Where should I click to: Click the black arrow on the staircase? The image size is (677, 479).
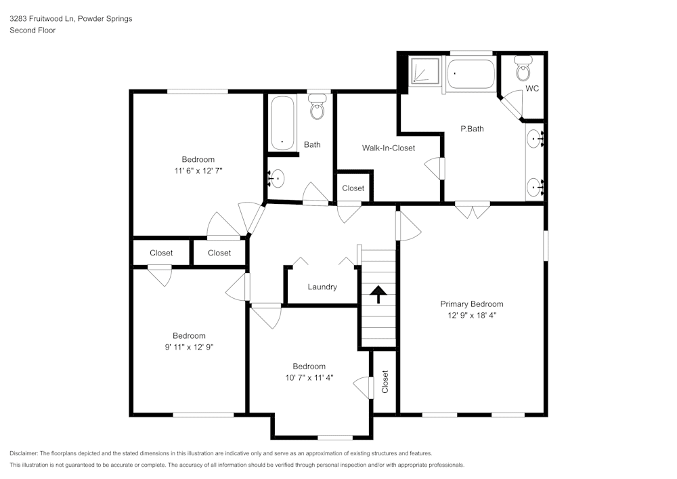point(378,293)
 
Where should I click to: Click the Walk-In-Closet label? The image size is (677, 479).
point(388,148)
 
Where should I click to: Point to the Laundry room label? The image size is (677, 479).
point(322,287)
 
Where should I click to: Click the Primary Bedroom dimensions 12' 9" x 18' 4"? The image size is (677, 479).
point(472,315)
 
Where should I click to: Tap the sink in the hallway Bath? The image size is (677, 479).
point(278,179)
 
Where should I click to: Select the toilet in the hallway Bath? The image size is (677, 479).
point(317,108)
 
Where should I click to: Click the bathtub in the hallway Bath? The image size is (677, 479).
point(282,123)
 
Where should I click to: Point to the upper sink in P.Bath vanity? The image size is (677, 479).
point(536,140)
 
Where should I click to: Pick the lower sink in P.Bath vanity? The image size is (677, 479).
point(536,186)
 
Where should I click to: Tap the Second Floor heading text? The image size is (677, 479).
point(32,30)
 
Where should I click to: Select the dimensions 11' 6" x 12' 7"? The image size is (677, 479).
point(198,171)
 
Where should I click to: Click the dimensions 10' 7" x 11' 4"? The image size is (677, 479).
point(309,378)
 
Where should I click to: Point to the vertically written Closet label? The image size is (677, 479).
point(385,381)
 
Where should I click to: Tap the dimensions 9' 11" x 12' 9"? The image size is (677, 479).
point(189,347)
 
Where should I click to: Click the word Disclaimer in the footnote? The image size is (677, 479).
point(24,453)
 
